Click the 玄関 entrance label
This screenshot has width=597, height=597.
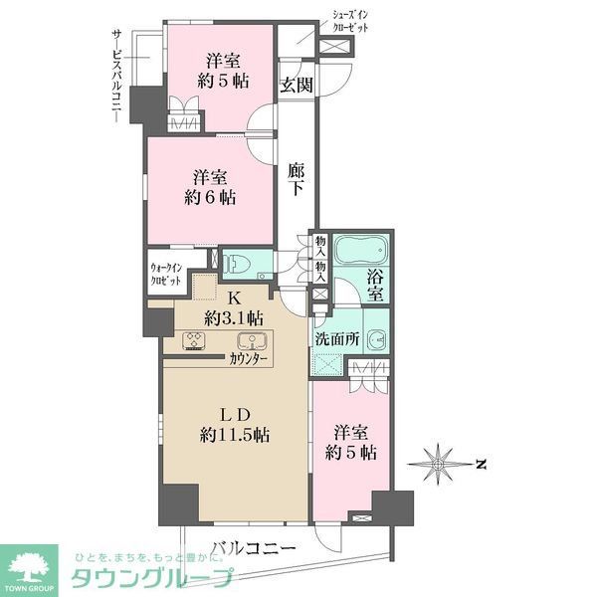click(x=296, y=85)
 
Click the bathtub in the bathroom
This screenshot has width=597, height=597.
click(x=360, y=252)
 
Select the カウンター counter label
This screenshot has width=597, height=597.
click(x=248, y=358)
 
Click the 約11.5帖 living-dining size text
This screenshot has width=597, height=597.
click(x=235, y=434)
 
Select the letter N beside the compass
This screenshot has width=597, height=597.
click(x=480, y=463)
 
